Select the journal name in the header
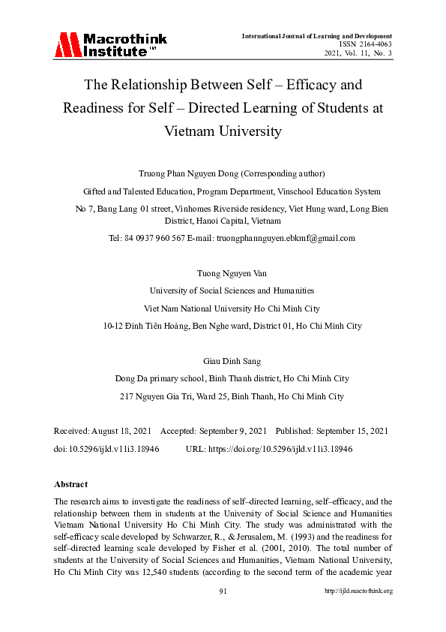(x=317, y=36)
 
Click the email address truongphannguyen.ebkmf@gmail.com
(x=286, y=238)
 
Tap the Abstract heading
(x=71, y=484)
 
